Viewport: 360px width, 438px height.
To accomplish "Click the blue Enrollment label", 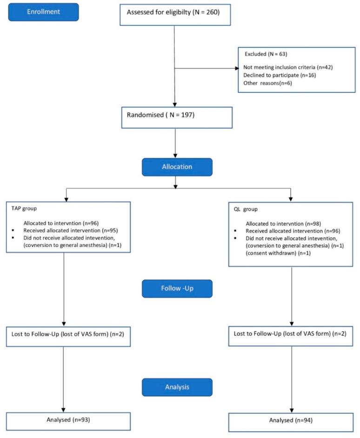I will point(43,12).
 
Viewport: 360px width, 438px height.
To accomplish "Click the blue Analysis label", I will point(176,386).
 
